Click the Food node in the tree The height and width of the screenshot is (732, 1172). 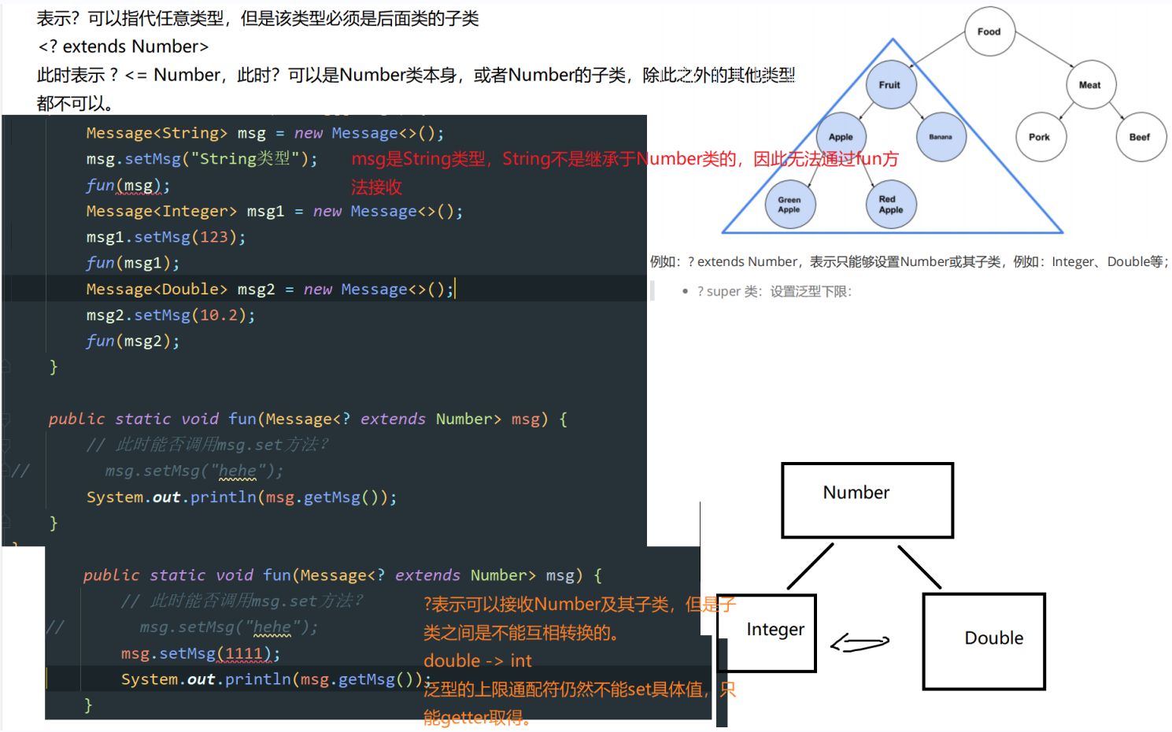[x=989, y=31]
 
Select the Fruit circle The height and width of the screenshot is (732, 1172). [x=890, y=85]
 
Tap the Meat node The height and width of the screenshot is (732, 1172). [x=1090, y=85]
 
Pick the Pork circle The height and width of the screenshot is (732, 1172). [x=1040, y=137]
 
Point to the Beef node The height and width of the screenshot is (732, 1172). [x=1140, y=137]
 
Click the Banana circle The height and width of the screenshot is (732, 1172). [x=941, y=137]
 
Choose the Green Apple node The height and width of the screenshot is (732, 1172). [x=789, y=205]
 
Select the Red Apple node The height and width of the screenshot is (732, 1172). [x=891, y=205]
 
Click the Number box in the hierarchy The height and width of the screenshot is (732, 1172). [x=867, y=500]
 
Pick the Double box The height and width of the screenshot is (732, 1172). [x=984, y=641]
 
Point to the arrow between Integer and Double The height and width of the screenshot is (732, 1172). [x=860, y=643]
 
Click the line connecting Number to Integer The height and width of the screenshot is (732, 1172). [x=810, y=567]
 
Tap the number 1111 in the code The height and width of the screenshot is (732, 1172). [x=244, y=653]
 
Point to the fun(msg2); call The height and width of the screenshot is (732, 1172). [x=133, y=341]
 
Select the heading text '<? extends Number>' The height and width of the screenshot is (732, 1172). [x=124, y=46]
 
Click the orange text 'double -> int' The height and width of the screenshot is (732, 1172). [x=477, y=660]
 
